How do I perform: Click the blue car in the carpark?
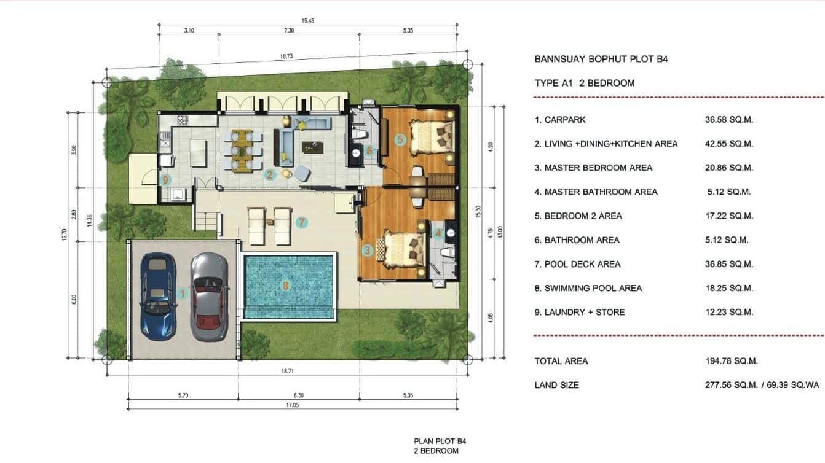[x=158, y=296]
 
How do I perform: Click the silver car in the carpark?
[x=209, y=296]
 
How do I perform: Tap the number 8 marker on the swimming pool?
[x=285, y=286]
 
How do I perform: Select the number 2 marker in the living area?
[x=269, y=174]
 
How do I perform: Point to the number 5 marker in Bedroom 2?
[x=400, y=139]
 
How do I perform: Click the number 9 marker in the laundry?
[x=165, y=180]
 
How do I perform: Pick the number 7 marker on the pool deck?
[x=301, y=222]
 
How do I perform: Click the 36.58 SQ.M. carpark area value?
[x=728, y=120]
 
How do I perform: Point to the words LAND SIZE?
[x=556, y=385]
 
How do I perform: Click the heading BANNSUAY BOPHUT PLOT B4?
[x=601, y=60]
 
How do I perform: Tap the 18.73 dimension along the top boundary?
[x=286, y=56]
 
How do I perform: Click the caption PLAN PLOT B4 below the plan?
[x=436, y=441]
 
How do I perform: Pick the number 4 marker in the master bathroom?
[x=438, y=233]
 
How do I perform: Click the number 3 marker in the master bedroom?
[x=368, y=250]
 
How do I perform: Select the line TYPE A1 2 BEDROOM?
[x=584, y=83]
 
